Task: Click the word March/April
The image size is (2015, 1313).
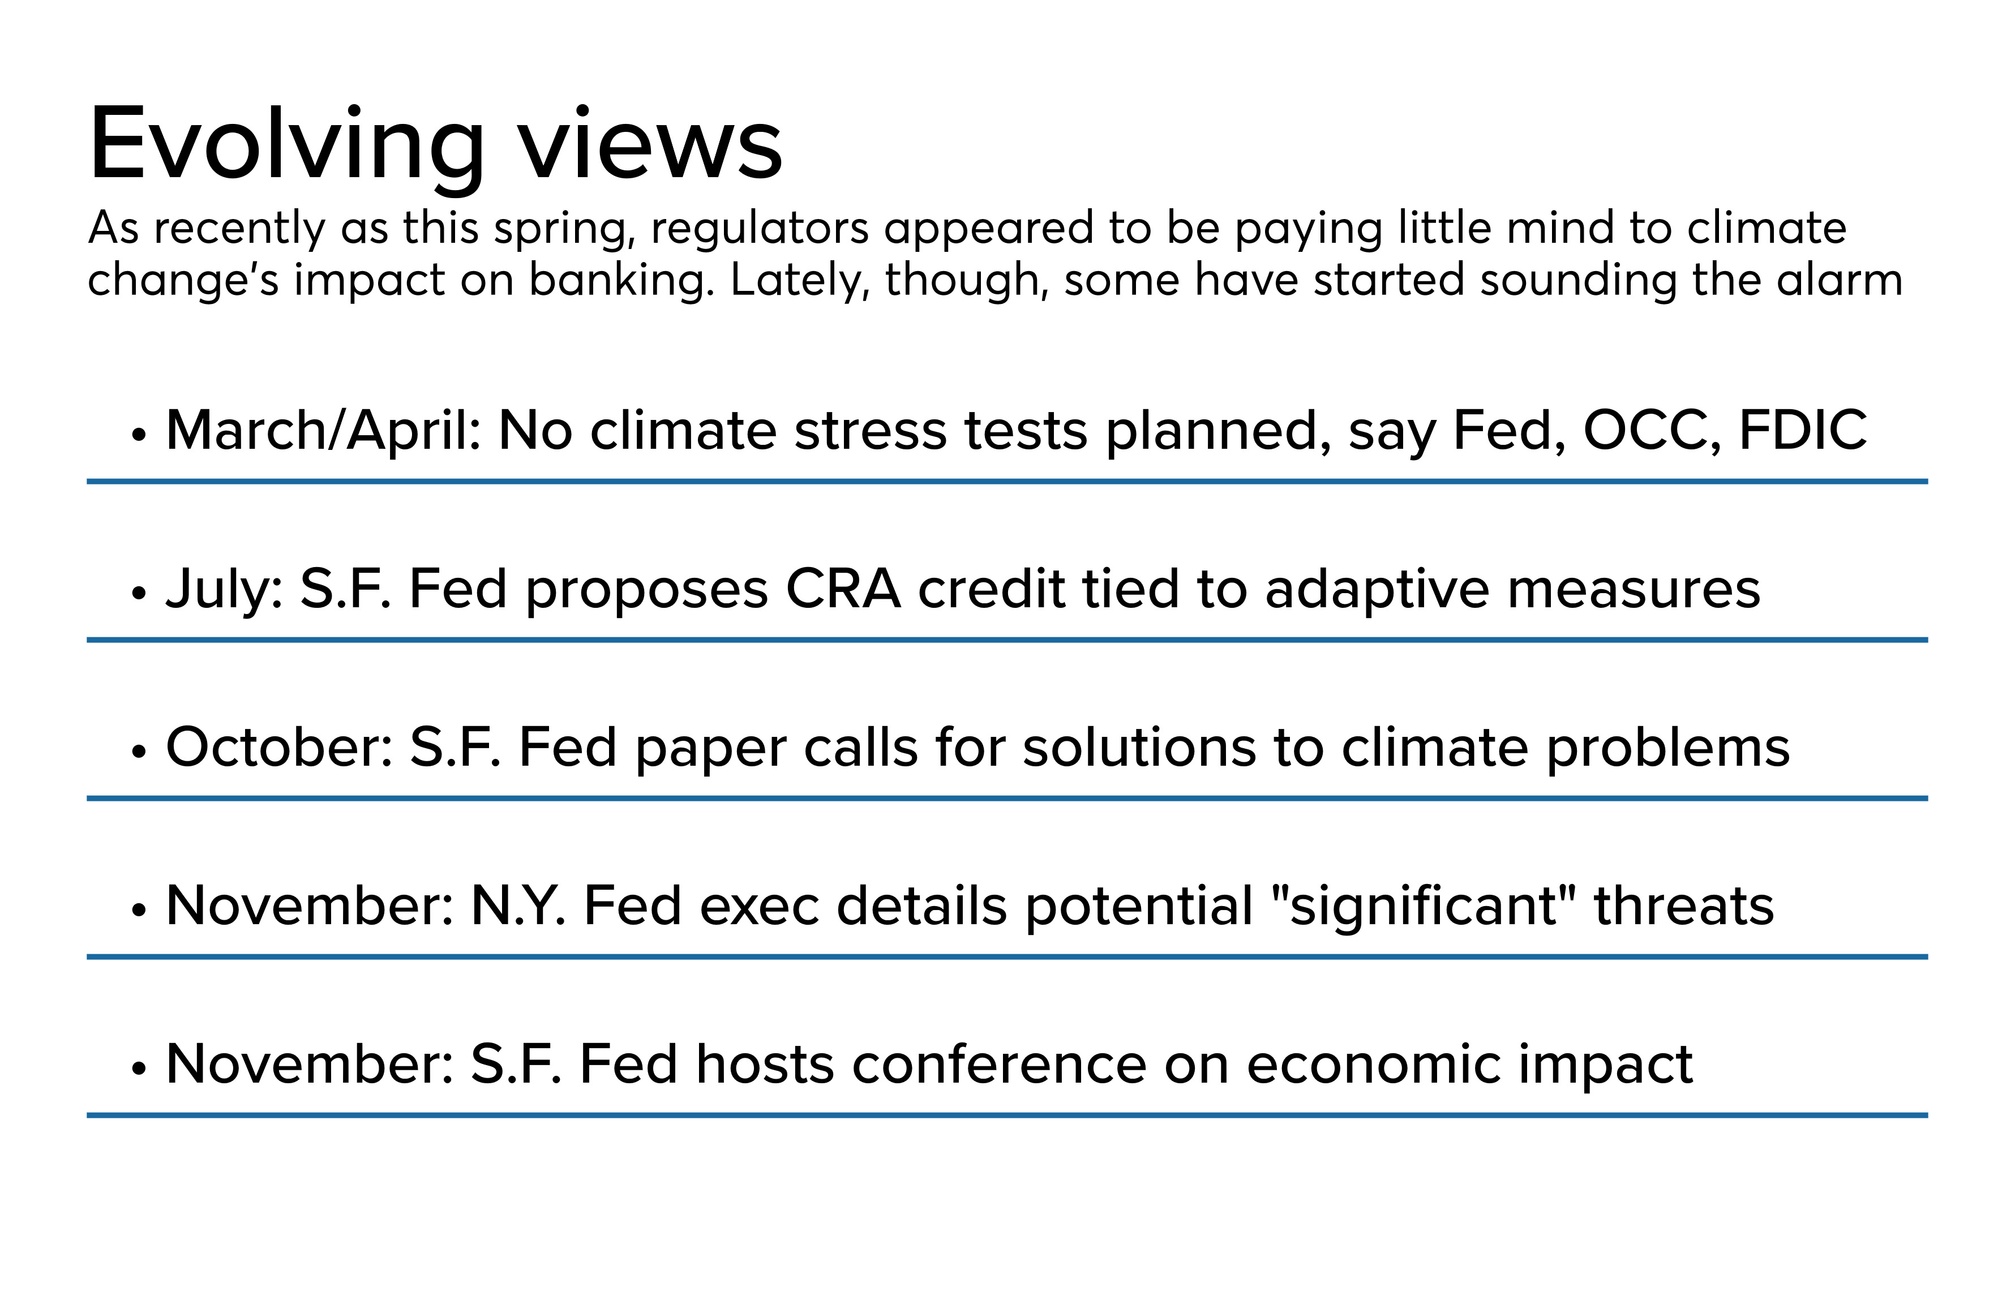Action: tap(323, 431)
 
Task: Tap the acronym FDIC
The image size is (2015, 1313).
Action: tap(1803, 430)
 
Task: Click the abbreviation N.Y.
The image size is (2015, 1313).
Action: tap(518, 906)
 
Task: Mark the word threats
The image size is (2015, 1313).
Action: tap(1684, 906)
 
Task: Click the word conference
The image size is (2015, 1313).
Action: tap(999, 1065)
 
